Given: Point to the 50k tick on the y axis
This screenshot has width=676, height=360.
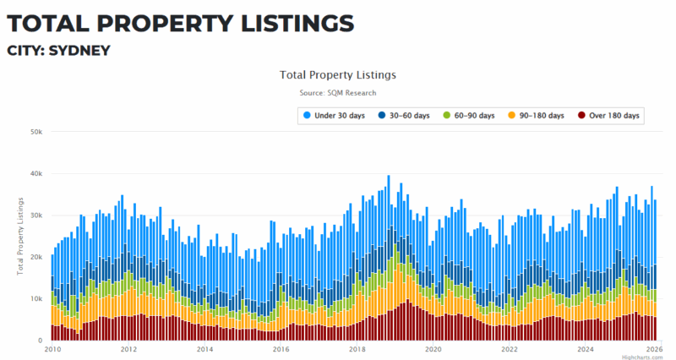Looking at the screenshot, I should tap(37, 132).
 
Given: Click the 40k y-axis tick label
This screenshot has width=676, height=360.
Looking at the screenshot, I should tap(37, 174).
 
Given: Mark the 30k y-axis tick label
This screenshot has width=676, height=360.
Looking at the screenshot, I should tap(37, 215).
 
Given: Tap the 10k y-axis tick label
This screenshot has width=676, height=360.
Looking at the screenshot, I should tap(37, 299).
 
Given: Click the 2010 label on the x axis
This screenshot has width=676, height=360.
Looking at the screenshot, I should tap(52, 349).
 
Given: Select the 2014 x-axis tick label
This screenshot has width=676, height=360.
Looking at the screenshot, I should tap(204, 349).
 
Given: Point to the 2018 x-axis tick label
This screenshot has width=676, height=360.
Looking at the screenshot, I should tap(357, 349).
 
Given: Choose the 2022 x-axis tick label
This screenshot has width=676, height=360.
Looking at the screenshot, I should tap(509, 349).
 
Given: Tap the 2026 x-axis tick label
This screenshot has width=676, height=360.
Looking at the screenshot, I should tap(653, 349).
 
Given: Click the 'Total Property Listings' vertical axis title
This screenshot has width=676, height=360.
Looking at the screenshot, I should tap(20, 236).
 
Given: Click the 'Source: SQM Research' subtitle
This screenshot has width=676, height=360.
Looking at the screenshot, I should tap(338, 93).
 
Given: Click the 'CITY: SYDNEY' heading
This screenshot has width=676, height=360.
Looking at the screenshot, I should tap(58, 51).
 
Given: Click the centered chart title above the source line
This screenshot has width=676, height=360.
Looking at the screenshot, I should tap(338, 74).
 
